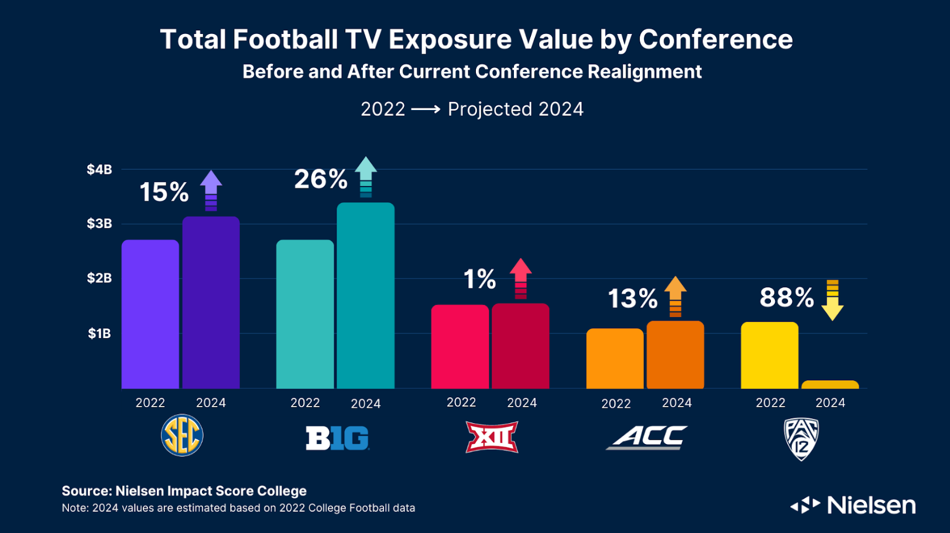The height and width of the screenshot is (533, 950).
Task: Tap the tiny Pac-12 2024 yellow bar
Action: click(830, 385)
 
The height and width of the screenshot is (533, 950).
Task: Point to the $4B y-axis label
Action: click(100, 170)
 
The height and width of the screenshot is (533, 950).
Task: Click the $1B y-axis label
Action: click(100, 333)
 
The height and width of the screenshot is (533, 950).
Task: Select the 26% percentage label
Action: click(320, 179)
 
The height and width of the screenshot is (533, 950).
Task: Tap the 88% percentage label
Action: click(786, 298)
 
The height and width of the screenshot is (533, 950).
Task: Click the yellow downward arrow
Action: click(832, 300)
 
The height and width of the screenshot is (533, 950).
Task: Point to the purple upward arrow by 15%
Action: click(211, 190)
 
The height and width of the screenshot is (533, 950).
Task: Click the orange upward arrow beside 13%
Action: click(675, 296)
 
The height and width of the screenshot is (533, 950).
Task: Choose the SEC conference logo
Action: click(182, 436)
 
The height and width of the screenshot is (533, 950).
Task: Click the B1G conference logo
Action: click(337, 438)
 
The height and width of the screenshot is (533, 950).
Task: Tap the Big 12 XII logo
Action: click(492, 437)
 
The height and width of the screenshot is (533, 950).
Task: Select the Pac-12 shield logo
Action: click(801, 439)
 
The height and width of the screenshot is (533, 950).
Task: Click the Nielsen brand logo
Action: click(853, 505)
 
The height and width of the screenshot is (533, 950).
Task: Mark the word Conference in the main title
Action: click(715, 40)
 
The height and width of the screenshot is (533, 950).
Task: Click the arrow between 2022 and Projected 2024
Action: click(426, 109)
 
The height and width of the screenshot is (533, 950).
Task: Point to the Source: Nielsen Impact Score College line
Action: click(184, 491)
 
